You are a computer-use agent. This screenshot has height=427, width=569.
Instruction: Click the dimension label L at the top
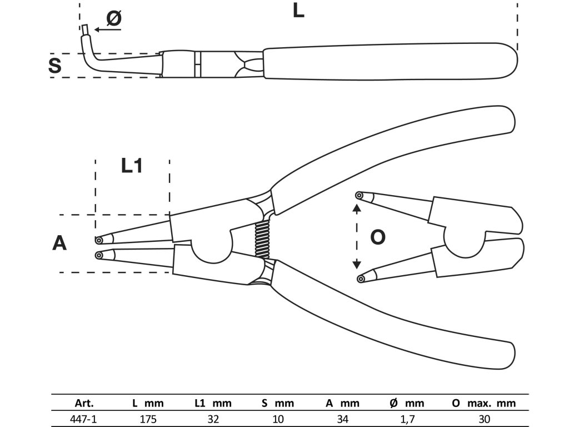click(298, 11)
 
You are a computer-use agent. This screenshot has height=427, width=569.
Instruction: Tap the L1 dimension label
click(132, 166)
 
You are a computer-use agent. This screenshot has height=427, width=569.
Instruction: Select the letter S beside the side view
click(54, 66)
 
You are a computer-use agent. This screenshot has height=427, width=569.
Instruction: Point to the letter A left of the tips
click(59, 243)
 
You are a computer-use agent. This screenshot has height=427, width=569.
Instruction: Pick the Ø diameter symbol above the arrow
click(113, 18)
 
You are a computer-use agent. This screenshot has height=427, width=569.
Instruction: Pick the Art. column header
click(84, 403)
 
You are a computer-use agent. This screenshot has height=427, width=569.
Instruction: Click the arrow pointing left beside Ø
click(106, 30)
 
